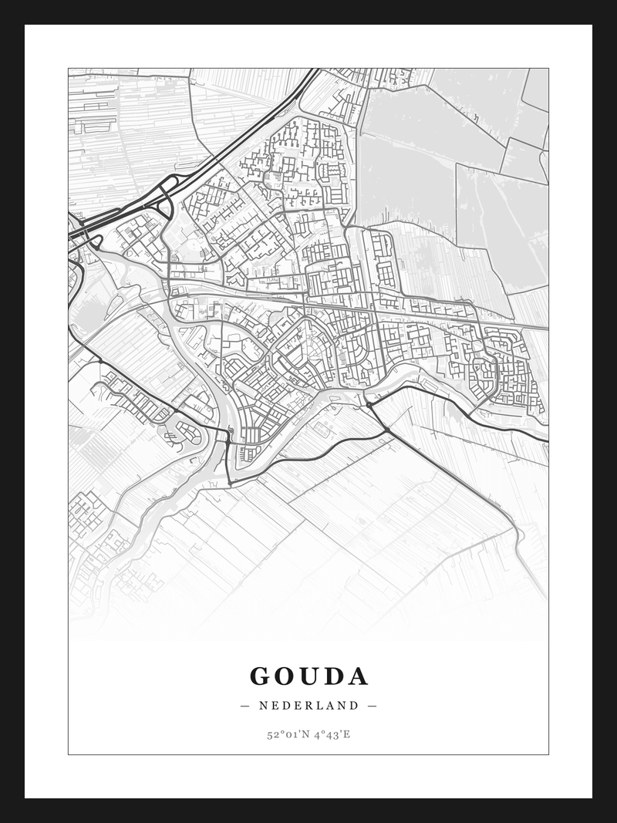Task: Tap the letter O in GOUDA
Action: point(287,676)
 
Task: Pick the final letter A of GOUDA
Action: point(359,676)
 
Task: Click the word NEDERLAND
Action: point(308,705)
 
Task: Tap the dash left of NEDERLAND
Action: point(245,705)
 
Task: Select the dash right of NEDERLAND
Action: point(373,705)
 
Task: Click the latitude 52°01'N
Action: point(286,734)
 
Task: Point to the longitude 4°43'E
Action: point(331,734)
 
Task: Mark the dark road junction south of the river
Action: point(369,403)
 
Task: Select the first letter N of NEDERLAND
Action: point(263,705)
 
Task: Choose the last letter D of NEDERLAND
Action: point(355,705)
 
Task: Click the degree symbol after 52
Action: point(281,731)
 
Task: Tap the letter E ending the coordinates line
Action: point(347,734)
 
